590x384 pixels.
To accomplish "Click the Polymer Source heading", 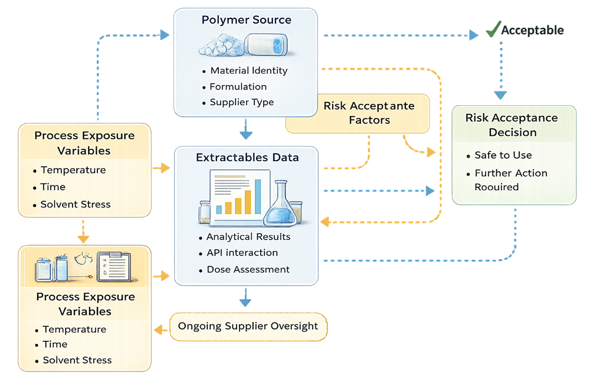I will [246, 20].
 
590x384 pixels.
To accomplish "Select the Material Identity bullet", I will [248, 71].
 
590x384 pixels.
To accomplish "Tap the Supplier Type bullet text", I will [241, 102].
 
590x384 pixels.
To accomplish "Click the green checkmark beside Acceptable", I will [493, 30].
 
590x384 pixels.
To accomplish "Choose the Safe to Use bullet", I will [503, 155].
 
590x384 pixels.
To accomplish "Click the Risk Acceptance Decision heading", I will [512, 125].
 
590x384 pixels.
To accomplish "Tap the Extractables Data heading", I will [247, 158].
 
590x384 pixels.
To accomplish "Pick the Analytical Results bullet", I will [248, 237].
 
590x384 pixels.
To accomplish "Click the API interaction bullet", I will [242, 253].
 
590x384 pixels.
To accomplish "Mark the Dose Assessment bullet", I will [248, 269].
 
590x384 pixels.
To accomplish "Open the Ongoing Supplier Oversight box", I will [248, 326].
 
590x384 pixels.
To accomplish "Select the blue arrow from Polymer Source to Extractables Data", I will [246, 129].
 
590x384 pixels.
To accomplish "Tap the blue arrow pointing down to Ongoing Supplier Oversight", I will [245, 297].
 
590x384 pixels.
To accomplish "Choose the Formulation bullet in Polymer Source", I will [238, 87].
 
